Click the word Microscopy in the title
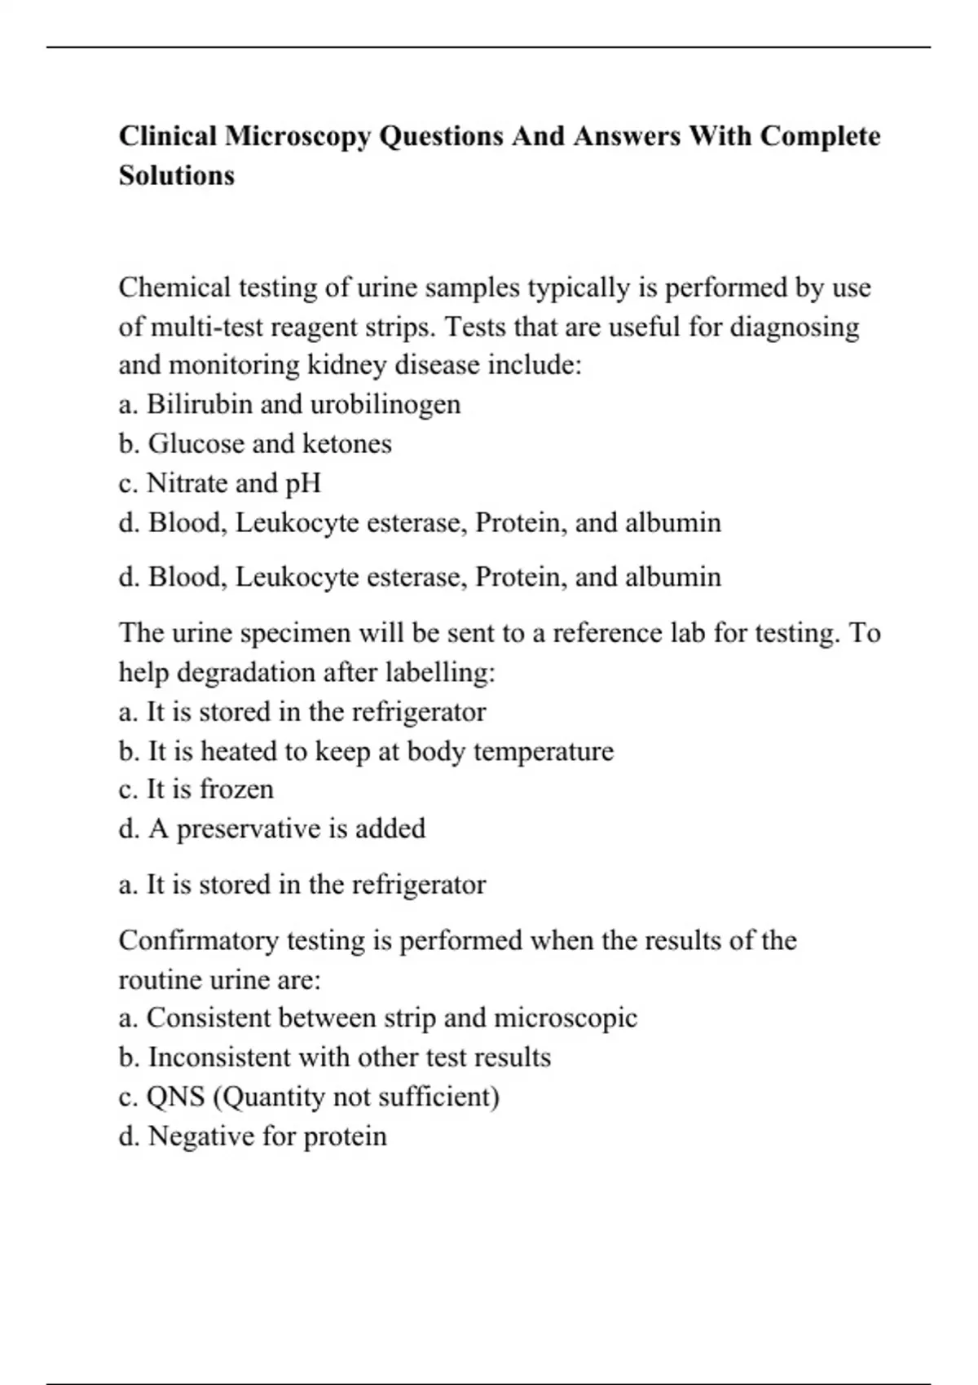[297, 136]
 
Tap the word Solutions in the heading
[177, 175]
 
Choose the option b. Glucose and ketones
[255, 444]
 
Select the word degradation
[246, 673]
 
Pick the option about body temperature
[366, 751]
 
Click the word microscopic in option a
[566, 1018]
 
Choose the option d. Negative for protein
[253, 1137]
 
